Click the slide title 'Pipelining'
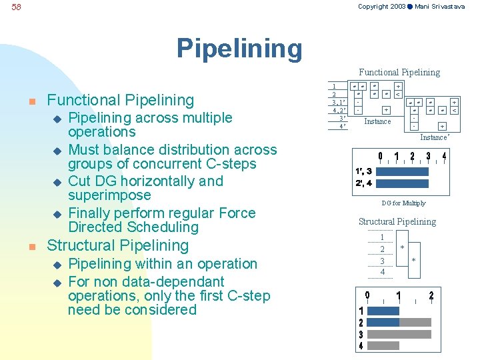[239, 48]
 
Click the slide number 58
[17, 7]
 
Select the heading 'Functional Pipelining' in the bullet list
[121, 101]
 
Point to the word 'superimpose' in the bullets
[109, 195]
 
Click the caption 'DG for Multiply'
[403, 203]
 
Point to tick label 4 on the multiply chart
[444, 157]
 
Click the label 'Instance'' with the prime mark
[435, 137]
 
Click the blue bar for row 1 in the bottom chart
[383, 311]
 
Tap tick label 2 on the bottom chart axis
[431, 295]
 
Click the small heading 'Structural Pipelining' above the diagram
[397, 221]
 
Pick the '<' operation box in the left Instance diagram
[398, 95]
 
